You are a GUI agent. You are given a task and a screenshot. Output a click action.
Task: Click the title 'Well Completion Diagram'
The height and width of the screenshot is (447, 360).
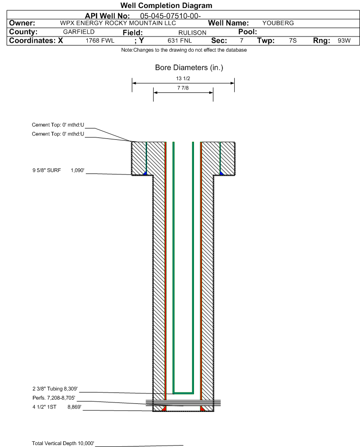pos(166,5)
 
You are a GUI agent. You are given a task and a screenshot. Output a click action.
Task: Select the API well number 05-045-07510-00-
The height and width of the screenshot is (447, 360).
pos(170,16)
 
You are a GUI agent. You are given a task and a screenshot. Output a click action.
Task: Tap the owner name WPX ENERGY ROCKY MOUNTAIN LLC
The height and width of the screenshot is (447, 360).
pos(118,23)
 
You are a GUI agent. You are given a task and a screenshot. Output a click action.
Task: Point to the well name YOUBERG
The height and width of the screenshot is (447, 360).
pos(278,23)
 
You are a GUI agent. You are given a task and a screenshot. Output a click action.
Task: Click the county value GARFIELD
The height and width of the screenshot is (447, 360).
pos(79,32)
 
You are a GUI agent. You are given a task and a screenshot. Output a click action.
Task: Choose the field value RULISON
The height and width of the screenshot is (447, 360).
pos(192,33)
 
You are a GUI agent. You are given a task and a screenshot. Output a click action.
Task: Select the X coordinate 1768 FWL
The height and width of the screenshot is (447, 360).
pos(100,41)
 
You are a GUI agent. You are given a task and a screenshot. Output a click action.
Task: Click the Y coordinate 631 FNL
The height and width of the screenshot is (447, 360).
pos(180,41)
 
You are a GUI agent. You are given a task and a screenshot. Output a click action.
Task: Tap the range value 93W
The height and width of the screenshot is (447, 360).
pos(344,40)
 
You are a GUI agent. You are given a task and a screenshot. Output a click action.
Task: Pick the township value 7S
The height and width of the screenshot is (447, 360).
pos(293,40)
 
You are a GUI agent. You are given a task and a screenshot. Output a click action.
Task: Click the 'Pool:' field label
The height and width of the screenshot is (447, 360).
pos(248,32)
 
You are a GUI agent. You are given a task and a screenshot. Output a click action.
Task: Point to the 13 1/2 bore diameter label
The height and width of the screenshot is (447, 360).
pos(183,78)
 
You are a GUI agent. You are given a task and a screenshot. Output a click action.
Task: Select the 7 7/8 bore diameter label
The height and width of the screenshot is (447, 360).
pos(183,88)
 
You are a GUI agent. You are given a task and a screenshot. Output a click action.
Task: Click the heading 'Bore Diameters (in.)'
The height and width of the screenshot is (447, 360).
pos(189,68)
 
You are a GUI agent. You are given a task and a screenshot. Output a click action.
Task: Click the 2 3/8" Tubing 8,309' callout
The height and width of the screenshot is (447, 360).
pos(55,389)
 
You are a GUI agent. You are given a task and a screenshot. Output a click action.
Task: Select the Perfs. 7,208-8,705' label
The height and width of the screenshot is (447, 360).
pos(54,398)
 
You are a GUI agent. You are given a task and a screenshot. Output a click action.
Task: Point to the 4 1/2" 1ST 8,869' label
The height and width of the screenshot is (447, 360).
pos(57,407)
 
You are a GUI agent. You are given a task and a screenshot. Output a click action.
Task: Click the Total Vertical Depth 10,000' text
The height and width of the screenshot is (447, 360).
pos(63,443)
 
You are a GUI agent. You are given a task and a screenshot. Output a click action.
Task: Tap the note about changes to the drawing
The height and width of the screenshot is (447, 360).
pos(184,50)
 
